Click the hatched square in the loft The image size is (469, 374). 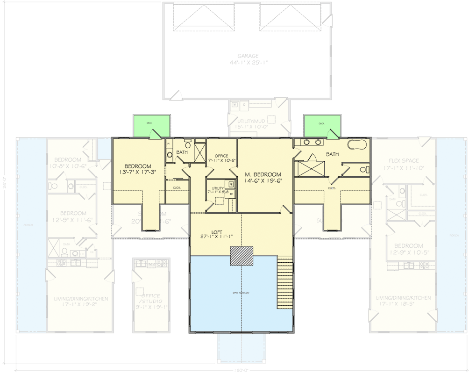click(x=241, y=257)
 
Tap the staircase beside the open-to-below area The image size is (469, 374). click(x=284, y=283)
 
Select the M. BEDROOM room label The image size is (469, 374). click(x=263, y=175)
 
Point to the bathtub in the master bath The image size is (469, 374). click(x=358, y=144)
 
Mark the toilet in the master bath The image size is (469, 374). click(x=368, y=169)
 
